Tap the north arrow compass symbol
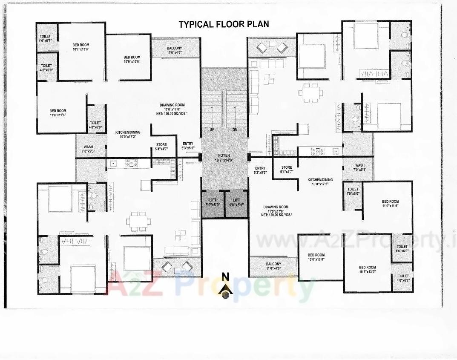pos(225,289)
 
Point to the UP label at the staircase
pos(212,130)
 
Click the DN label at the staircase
pos(235,130)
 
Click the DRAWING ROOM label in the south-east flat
pos(276,209)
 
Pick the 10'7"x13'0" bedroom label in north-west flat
pos(81,47)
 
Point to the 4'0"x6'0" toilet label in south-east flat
pos(353,191)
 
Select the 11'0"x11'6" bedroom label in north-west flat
pos(58,113)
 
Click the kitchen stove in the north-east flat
pos(317,150)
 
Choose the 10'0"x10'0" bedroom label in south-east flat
pos(316,257)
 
